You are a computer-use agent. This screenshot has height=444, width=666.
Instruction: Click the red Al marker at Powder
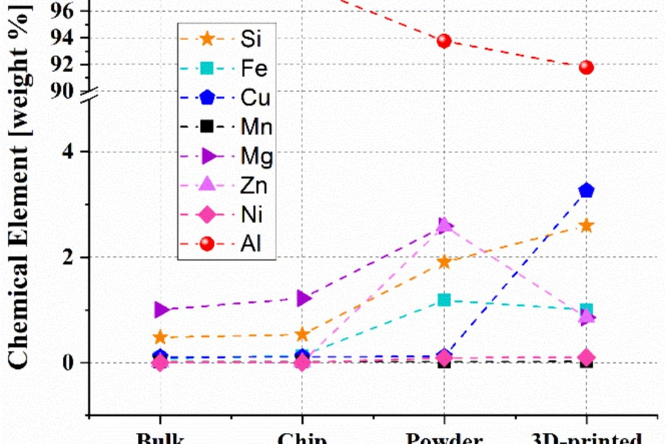pos(444,41)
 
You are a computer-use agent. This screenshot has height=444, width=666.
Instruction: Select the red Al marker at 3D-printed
pos(586,67)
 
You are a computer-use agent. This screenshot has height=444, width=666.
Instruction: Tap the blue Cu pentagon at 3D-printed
pos(586,190)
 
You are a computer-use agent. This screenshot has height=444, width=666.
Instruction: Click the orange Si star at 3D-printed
pos(586,226)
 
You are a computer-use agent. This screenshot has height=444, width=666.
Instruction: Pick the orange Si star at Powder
pos(444,262)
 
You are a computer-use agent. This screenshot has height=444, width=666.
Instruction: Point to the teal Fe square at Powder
pos(444,300)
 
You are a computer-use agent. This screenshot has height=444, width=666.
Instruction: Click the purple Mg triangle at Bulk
pos(161,310)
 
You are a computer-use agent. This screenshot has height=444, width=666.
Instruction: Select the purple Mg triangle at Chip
pos(302,299)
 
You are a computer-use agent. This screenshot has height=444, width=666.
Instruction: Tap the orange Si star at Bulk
pos(160,337)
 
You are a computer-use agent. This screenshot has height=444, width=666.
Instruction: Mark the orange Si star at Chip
pos(302,334)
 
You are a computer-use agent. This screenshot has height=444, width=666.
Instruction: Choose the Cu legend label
pos(256,98)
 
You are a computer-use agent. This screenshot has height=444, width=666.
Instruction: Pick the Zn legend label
pos(254,185)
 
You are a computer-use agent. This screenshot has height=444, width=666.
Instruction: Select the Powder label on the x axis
pos(444,438)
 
